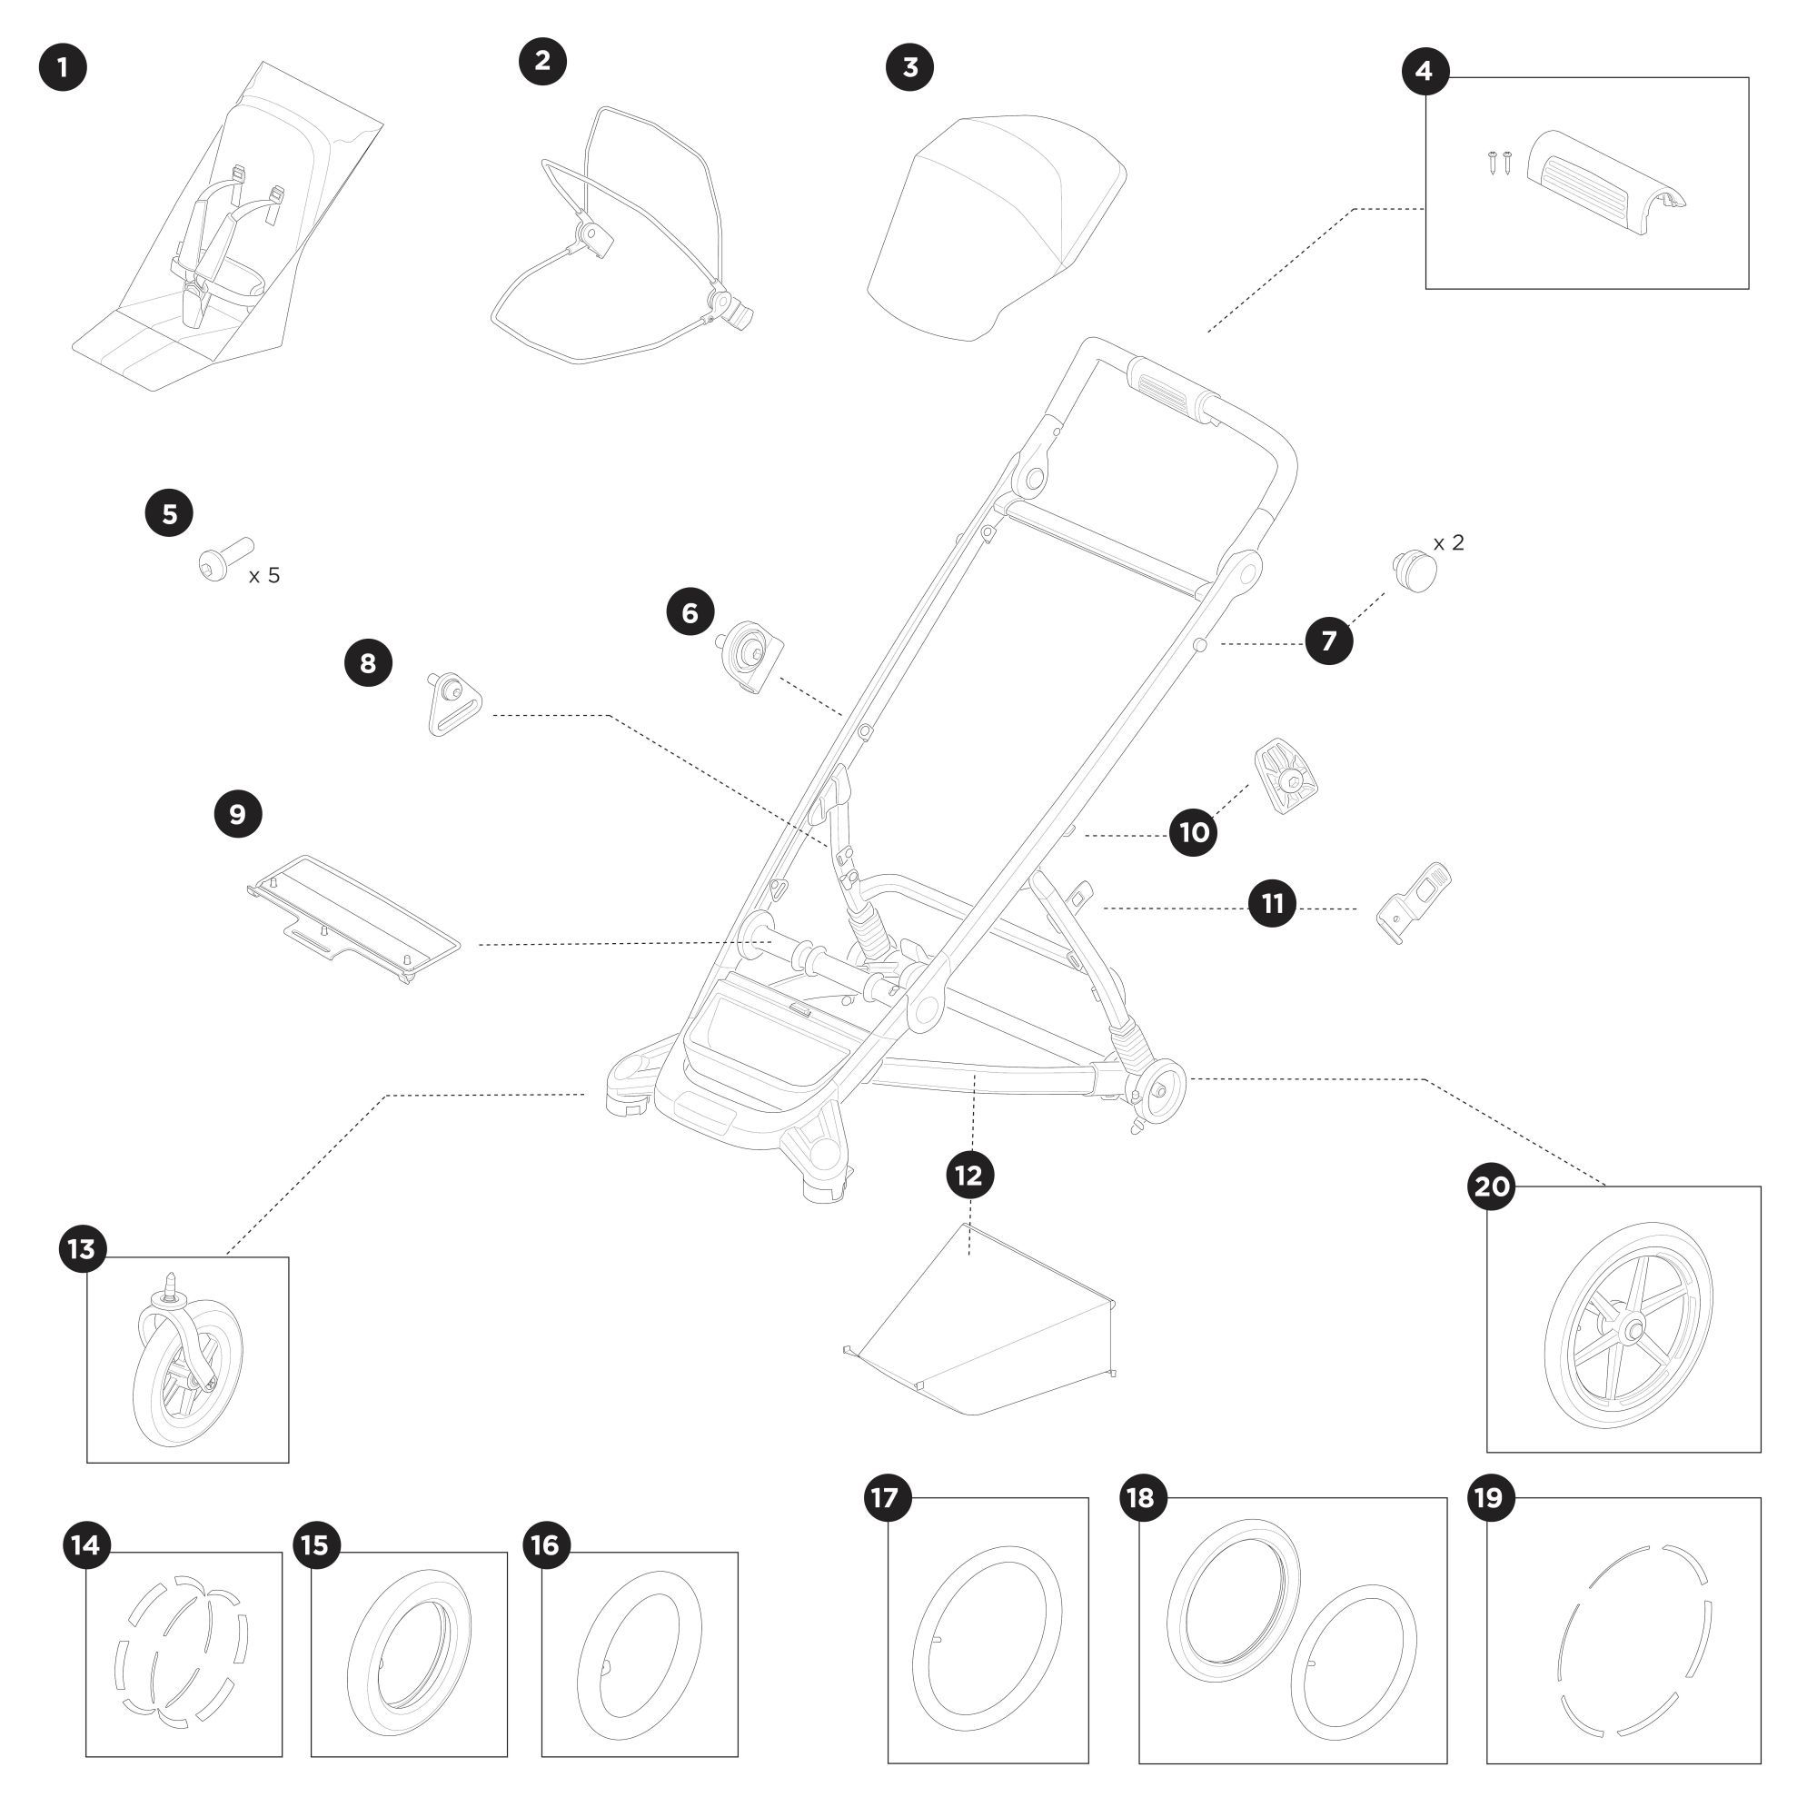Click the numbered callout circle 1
pyautogui.click(x=63, y=68)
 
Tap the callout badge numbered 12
pyautogui.click(x=969, y=1175)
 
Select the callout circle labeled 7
pyautogui.click(x=1329, y=641)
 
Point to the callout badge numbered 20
pyautogui.click(x=1492, y=1187)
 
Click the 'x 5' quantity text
pyautogui.click(x=264, y=576)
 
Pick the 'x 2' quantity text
pyautogui.click(x=1448, y=543)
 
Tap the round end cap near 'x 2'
pyautogui.click(x=1415, y=571)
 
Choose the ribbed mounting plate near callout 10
pyautogui.click(x=1286, y=776)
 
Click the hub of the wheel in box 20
pyautogui.click(x=1630, y=1329)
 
